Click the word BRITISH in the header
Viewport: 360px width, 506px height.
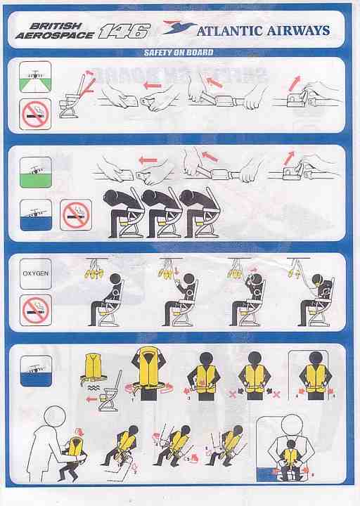[x=56, y=26]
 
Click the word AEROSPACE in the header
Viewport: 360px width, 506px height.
[x=55, y=35]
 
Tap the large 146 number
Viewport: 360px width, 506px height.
[x=124, y=32]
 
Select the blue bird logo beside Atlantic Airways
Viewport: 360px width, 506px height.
[x=179, y=27]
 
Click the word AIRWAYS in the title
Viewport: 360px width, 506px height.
[x=298, y=31]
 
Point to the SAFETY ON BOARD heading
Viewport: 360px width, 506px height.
[x=179, y=53]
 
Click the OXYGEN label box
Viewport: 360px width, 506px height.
[x=36, y=273]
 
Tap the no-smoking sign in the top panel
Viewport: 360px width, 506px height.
[x=35, y=114]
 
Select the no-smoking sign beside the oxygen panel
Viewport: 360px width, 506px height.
[x=36, y=310]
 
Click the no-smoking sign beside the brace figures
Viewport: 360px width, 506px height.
[x=76, y=215]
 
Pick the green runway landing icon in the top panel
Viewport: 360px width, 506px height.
[x=35, y=77]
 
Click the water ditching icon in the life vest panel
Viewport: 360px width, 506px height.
[x=36, y=371]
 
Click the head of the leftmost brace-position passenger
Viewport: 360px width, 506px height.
[x=110, y=197]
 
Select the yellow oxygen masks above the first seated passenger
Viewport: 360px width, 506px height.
[x=94, y=273]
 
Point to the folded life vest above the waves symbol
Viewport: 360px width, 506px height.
[x=93, y=368]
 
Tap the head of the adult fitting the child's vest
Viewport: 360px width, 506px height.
[x=55, y=416]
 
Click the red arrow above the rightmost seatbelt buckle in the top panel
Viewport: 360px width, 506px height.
[x=295, y=83]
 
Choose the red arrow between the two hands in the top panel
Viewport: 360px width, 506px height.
[x=152, y=86]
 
